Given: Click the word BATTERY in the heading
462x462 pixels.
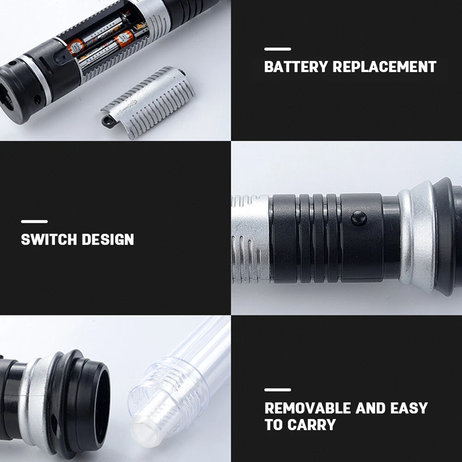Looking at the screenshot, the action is [296, 67].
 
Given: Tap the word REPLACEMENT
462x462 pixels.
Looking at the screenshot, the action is [384, 67].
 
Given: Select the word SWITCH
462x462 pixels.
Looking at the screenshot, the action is [49, 239].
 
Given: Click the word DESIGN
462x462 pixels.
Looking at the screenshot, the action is [108, 239].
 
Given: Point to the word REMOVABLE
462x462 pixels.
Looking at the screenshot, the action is [308, 408].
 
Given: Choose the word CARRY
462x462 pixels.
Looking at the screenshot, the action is [311, 425].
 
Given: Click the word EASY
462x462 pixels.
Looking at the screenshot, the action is [409, 408].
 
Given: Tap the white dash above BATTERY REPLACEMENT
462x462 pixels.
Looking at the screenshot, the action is [278, 49].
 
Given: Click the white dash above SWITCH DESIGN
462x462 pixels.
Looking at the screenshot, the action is [35, 221].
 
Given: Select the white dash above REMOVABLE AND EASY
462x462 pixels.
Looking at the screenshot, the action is [278, 389].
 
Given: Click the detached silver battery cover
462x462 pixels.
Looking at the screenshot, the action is [149, 102].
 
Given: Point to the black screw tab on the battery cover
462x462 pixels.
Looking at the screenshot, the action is [107, 121].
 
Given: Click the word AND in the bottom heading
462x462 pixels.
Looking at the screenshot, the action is [371, 408].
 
